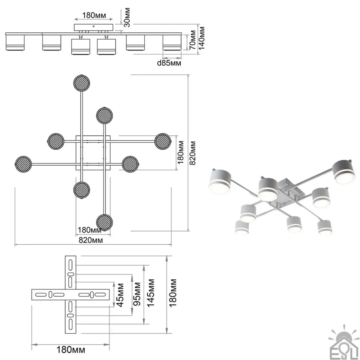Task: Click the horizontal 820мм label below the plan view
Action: click(x=91, y=240)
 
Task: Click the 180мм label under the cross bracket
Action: click(x=71, y=349)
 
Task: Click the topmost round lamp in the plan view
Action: click(x=82, y=82)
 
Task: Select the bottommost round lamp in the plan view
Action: click(x=105, y=222)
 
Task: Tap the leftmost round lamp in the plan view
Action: click(x=23, y=164)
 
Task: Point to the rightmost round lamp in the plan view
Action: click(x=163, y=141)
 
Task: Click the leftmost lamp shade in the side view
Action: click(x=15, y=42)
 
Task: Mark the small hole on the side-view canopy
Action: click(x=94, y=26)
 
